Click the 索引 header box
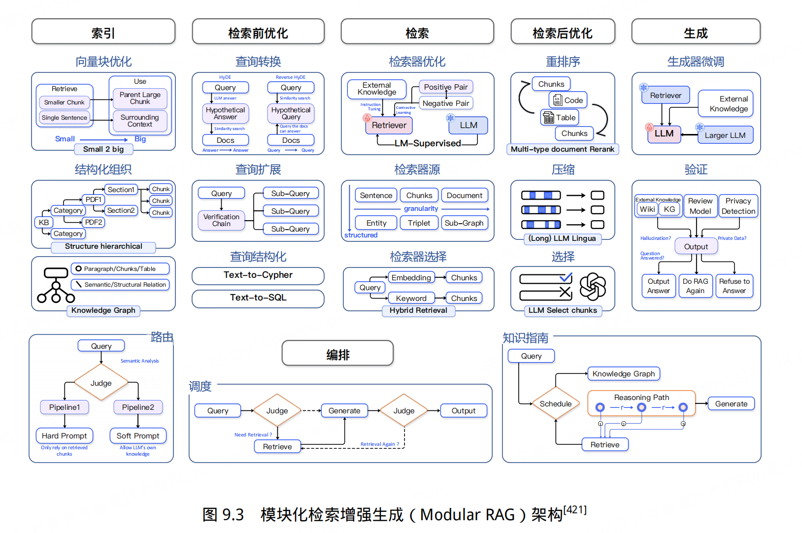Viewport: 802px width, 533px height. [x=103, y=33]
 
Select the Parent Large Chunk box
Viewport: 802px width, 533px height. [x=140, y=98]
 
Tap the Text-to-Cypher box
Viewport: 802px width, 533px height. [x=258, y=275]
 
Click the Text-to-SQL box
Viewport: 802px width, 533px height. [x=258, y=298]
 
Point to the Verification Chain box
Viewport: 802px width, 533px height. [x=221, y=220]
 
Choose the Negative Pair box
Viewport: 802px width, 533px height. [x=446, y=103]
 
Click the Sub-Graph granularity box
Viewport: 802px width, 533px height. [x=464, y=223]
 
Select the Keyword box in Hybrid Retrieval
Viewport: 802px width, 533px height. [x=411, y=298]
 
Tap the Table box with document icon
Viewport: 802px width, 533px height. [x=560, y=118]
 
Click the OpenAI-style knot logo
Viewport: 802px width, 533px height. [x=592, y=287]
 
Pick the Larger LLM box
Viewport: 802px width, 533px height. [x=725, y=135]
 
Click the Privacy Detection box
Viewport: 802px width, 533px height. [x=738, y=206]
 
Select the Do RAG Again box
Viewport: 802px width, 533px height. [x=695, y=286]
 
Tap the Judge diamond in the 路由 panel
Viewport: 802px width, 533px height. [x=101, y=383]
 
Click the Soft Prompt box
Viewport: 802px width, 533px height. [x=138, y=436]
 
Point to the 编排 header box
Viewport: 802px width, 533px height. [x=337, y=354]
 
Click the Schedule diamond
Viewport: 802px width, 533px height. [x=556, y=404]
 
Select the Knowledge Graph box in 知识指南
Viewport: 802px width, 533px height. [x=623, y=374]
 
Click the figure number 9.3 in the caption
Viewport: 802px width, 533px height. [x=233, y=515]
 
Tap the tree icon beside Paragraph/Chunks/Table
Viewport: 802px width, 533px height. [x=56, y=285]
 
